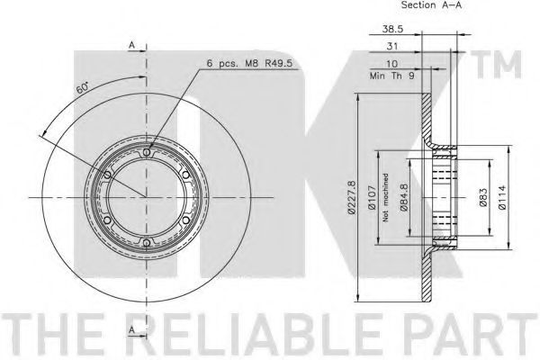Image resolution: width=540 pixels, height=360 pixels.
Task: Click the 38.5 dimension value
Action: pyautogui.click(x=392, y=29)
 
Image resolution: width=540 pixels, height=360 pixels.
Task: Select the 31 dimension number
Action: pyautogui.click(x=391, y=46)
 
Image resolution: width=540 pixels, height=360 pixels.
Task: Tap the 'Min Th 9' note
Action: pyautogui.click(x=391, y=76)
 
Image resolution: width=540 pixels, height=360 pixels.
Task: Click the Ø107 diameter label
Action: pyautogui.click(x=372, y=197)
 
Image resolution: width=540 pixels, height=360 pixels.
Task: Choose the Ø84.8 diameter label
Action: pyautogui.click(x=403, y=197)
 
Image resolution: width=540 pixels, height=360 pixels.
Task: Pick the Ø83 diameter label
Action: pyautogui.click(x=482, y=197)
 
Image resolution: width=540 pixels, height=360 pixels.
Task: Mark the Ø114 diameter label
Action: pyautogui.click(x=502, y=197)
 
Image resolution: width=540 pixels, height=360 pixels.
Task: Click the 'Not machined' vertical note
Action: pyautogui.click(x=385, y=197)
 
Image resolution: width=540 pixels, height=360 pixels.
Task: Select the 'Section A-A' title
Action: pyautogui.click(x=431, y=4)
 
